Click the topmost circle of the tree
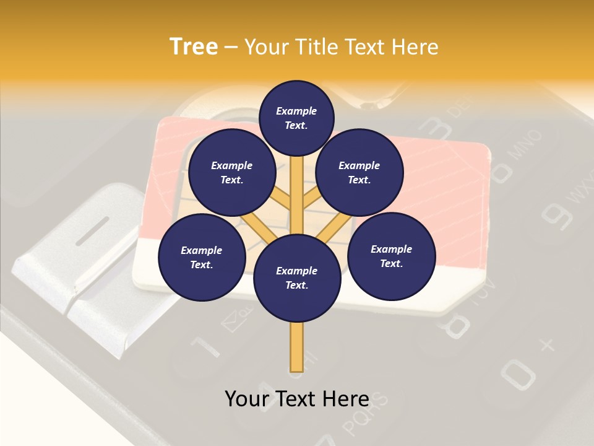[x=296, y=118]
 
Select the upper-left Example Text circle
[x=231, y=172]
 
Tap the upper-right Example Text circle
[x=359, y=173]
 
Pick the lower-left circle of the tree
[x=202, y=257]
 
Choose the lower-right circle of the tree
[x=391, y=256]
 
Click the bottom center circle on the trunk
[x=297, y=278]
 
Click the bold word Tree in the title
[x=194, y=46]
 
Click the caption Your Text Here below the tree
[x=297, y=399]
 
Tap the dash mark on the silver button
[x=92, y=230]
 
